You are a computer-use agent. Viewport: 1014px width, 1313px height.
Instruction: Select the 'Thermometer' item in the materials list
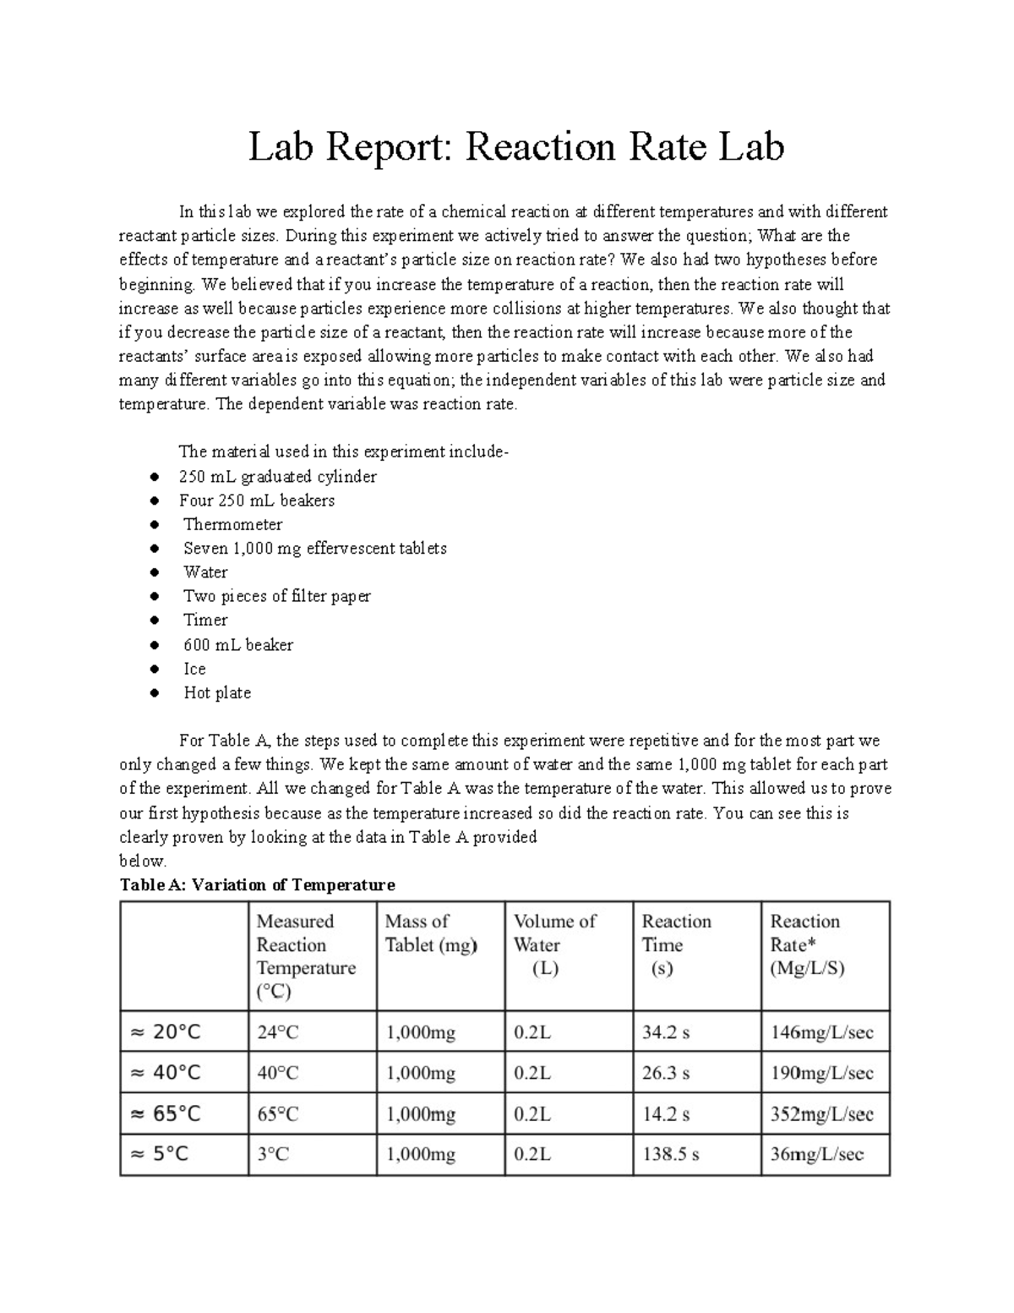[x=232, y=524]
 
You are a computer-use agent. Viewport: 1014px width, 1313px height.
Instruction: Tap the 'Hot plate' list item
[x=217, y=692]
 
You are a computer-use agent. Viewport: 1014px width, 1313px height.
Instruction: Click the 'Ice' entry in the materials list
[x=194, y=669]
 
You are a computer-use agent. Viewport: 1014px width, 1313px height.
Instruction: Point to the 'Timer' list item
[x=205, y=620]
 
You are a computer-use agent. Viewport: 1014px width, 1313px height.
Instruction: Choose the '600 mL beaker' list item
[x=238, y=645]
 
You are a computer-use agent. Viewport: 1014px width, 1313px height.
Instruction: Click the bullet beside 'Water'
[x=154, y=572]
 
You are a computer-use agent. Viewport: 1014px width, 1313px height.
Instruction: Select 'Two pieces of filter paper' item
[x=277, y=596]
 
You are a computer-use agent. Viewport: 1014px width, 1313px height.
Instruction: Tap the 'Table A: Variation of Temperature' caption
[x=258, y=885]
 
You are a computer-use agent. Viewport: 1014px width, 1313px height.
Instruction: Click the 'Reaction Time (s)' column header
[x=676, y=944]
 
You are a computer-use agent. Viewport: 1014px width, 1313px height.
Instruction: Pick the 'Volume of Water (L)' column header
[x=554, y=944]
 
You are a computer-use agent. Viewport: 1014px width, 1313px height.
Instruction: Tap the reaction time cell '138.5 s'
[x=670, y=1154]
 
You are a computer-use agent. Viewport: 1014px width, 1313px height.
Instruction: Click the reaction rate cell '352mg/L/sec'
[x=821, y=1113]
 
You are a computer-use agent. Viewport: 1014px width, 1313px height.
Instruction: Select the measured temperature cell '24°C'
[x=278, y=1032]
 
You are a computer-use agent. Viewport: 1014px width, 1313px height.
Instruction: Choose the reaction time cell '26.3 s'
[x=666, y=1073]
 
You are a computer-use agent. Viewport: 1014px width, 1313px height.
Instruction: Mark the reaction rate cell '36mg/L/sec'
[x=816, y=1154]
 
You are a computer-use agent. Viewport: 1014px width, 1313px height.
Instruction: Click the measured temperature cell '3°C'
[x=273, y=1154]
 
